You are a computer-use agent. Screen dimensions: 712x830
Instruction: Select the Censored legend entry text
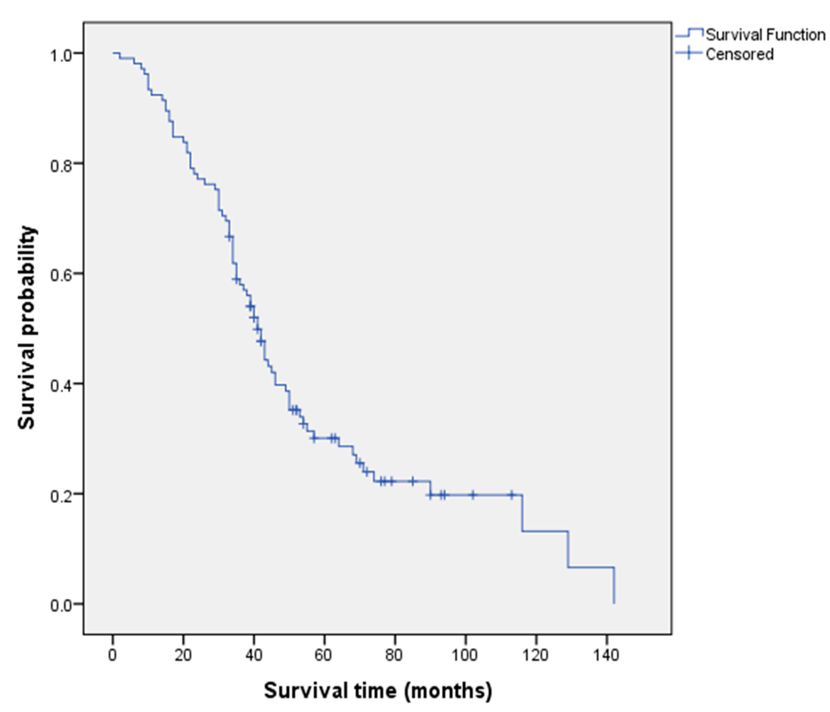(739, 54)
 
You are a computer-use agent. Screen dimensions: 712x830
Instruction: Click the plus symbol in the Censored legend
(689, 53)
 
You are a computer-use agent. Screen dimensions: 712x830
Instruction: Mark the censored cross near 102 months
(473, 495)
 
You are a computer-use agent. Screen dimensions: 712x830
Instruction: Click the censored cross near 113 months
(512, 495)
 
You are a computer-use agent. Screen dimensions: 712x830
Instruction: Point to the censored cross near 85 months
(413, 481)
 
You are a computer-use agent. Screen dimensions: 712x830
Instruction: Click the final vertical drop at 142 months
(614, 586)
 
